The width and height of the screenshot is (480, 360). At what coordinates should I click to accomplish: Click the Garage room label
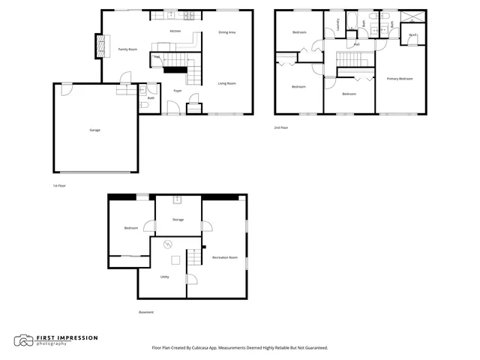click(95, 130)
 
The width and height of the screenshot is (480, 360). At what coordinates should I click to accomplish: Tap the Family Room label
click(127, 49)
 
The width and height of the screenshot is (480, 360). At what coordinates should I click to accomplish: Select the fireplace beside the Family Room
click(97, 47)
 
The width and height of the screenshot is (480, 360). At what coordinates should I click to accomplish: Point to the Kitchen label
click(175, 31)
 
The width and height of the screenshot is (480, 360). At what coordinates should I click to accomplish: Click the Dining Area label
click(227, 32)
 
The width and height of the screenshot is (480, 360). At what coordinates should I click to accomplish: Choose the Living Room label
click(227, 83)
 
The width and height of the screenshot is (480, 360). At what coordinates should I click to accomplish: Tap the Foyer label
click(178, 91)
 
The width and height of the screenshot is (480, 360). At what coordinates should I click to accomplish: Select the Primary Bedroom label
click(399, 79)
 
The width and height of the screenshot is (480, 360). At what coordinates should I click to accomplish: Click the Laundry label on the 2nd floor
click(338, 25)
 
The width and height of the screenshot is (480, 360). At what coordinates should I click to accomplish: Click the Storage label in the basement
click(178, 220)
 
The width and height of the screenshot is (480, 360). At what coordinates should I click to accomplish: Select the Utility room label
click(164, 277)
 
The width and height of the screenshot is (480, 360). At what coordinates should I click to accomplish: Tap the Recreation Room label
click(225, 257)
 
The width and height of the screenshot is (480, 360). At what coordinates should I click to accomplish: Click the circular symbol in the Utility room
click(168, 243)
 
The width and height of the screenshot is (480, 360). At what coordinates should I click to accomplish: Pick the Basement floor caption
click(146, 312)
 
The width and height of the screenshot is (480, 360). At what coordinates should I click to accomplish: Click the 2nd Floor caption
click(281, 128)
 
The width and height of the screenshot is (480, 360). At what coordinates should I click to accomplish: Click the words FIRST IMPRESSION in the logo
click(68, 337)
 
